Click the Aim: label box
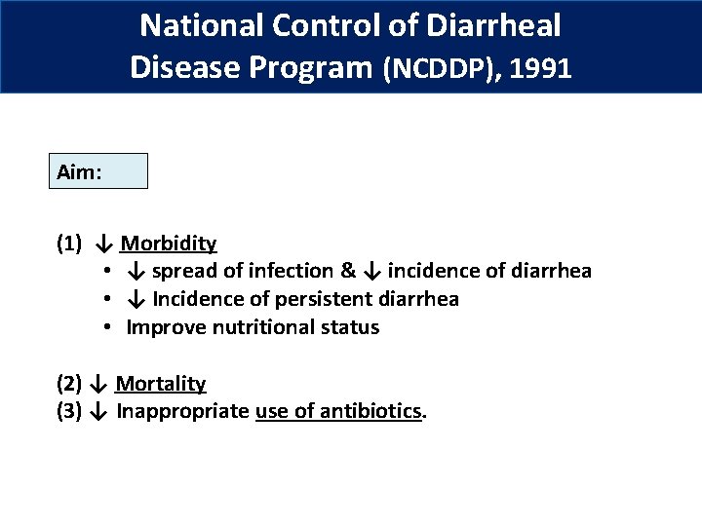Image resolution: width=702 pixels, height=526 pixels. pos(98,170)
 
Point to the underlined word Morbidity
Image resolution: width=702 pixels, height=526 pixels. pos(169,244)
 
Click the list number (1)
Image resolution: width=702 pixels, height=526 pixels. pos(70,244)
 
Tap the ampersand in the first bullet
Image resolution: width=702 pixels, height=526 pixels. pos(348,271)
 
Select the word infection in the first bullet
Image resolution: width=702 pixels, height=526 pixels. pos(294,271)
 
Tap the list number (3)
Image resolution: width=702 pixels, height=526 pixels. pos(70,412)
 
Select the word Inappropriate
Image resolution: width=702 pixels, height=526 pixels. pos(182,412)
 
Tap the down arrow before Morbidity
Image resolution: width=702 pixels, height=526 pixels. pos(106,244)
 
